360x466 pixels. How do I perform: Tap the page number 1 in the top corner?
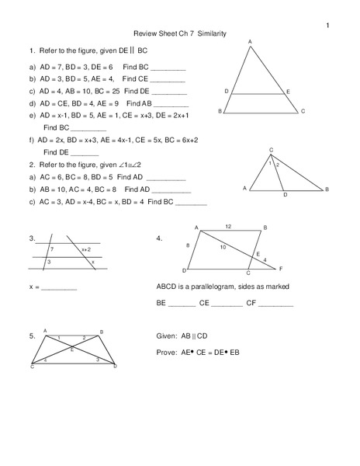tap(327, 26)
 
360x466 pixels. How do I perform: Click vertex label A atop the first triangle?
tap(250, 40)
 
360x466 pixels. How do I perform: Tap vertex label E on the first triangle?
tap(287, 92)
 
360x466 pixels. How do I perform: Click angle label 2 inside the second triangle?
tap(278, 165)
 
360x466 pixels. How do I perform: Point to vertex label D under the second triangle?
tap(285, 195)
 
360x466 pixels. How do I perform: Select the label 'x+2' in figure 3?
tap(85, 249)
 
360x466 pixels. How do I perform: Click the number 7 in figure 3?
tap(51, 249)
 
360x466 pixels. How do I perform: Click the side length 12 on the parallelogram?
tap(228, 226)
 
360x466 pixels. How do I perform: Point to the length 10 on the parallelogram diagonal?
tap(223, 247)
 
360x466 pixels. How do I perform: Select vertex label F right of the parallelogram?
tap(281, 269)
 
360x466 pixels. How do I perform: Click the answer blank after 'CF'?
tap(277, 303)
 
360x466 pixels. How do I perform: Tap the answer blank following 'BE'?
tap(182, 303)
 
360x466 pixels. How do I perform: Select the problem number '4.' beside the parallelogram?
tap(159, 238)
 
